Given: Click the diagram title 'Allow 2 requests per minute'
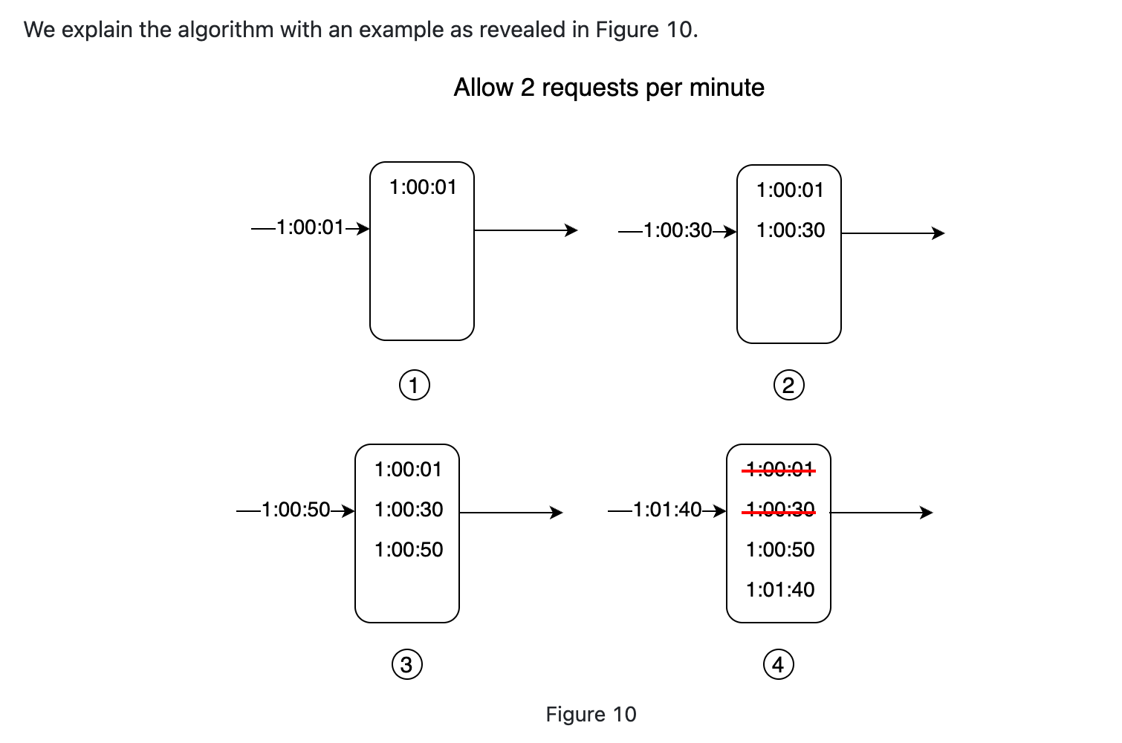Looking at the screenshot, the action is coord(609,88).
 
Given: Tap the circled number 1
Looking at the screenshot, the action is coord(414,386).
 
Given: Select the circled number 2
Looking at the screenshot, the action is coord(789,386).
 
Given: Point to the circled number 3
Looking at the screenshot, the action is coord(406,664).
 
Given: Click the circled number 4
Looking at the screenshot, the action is coord(779,664).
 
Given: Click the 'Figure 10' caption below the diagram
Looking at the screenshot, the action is coord(591,714).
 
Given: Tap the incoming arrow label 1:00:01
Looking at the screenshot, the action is coord(310,227).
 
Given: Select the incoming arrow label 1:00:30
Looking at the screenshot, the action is coord(678,230).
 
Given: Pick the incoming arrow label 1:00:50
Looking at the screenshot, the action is coord(296,510).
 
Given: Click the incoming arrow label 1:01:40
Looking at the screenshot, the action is coord(667,510).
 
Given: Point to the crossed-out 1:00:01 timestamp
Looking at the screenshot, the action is coord(780,470).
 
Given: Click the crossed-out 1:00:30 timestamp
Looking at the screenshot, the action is coord(780,510).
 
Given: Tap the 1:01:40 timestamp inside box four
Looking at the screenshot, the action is coord(780,590).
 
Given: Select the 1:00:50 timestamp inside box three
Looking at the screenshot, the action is coord(409,550).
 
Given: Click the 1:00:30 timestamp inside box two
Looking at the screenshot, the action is coord(791,230).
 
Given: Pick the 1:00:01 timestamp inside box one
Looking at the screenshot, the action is coord(424,187).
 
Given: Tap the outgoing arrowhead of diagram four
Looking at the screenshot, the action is coord(927,513).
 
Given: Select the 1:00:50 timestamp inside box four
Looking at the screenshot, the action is coord(780,550).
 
